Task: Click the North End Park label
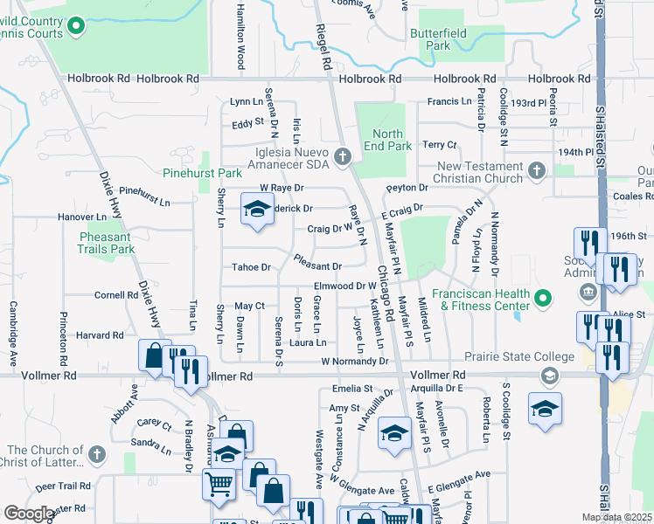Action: click(386, 140)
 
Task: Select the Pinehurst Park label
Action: click(202, 174)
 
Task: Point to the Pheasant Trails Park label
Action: click(105, 242)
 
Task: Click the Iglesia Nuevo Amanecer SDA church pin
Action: click(342, 157)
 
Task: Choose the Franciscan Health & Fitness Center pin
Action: click(543, 300)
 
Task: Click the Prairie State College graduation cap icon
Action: click(550, 376)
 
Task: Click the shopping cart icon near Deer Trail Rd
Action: click(218, 483)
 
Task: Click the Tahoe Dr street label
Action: click(252, 266)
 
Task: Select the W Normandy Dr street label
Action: click(353, 361)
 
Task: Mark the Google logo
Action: click(29, 514)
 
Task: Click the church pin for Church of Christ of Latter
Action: click(97, 455)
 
